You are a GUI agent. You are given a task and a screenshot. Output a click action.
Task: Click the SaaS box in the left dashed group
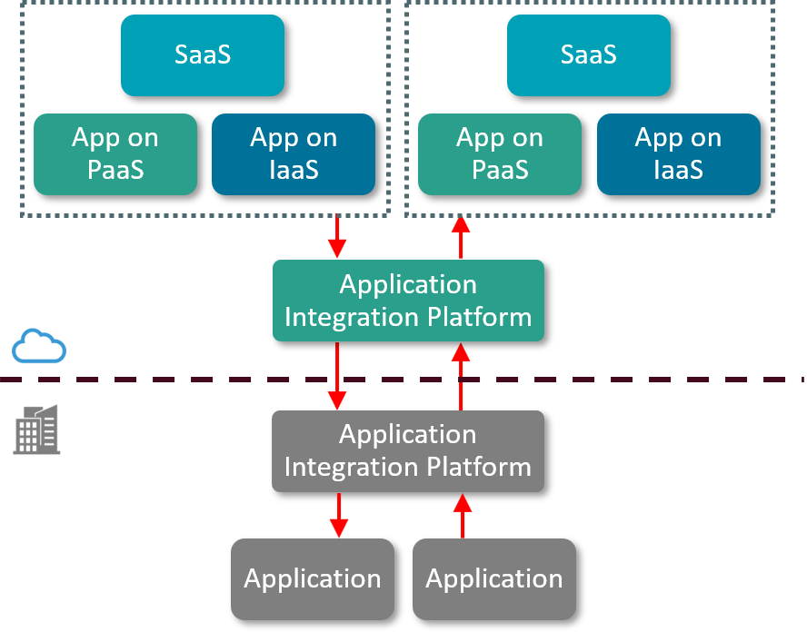203,55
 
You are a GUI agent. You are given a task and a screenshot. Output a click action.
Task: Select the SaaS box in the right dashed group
589,55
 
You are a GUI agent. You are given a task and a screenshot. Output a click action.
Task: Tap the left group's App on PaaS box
115,154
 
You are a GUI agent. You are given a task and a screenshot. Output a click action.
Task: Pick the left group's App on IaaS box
294,154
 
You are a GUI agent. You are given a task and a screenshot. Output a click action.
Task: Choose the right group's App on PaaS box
500,154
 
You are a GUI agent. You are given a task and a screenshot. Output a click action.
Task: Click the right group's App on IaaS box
679,154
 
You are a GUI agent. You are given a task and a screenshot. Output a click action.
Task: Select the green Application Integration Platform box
408,301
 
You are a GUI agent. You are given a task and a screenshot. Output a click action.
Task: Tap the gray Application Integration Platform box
408,450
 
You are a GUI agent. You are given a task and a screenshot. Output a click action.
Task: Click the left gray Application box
313,578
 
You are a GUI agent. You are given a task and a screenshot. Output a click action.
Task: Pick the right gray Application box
494,578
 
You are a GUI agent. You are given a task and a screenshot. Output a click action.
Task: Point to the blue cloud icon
39,347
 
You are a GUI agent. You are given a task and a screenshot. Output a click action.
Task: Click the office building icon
37,430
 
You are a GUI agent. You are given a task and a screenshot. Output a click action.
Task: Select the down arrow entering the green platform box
338,237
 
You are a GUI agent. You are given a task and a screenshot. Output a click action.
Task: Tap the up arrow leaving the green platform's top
462,237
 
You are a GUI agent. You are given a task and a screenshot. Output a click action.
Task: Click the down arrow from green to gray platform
338,376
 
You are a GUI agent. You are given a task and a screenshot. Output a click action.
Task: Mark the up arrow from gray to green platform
462,376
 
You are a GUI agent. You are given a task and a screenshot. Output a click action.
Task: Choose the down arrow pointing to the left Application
338,516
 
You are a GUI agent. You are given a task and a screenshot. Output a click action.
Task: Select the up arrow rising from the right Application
462,516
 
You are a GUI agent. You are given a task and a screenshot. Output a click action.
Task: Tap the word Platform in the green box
483,317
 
